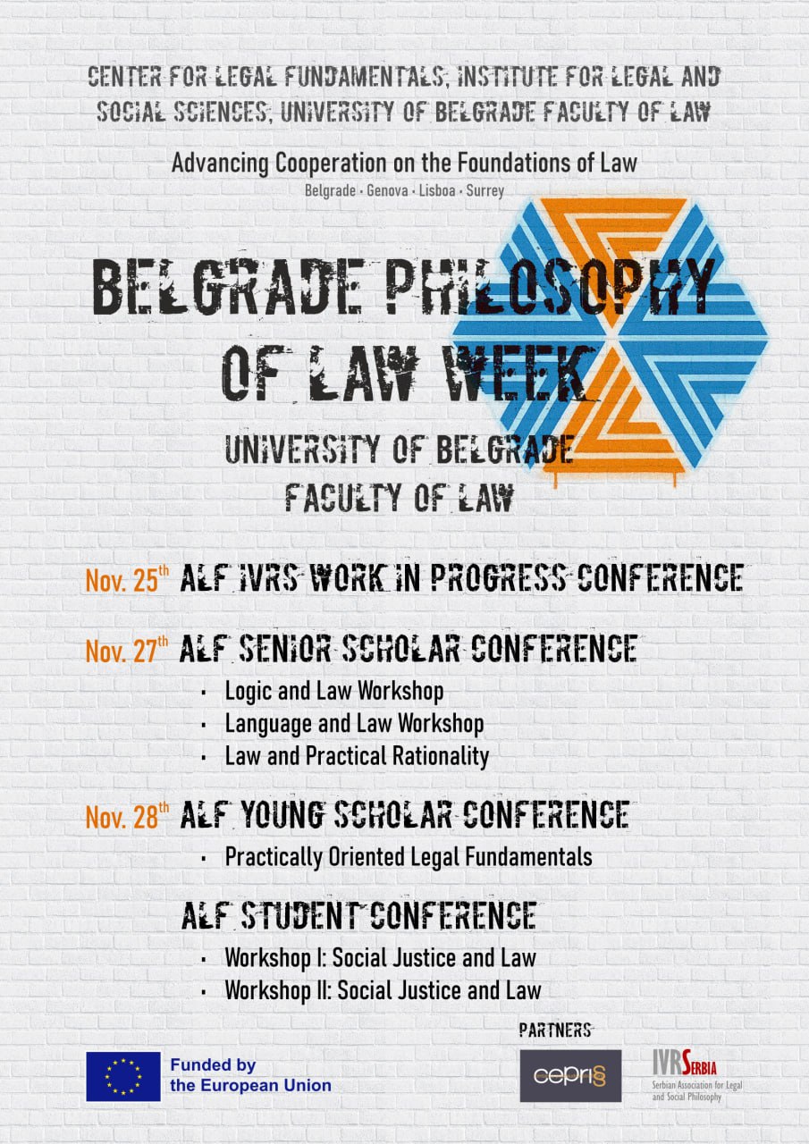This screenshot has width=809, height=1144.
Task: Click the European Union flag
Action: [123, 1076]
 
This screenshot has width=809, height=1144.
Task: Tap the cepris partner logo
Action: [570, 1075]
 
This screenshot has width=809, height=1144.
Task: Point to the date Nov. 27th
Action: [127, 649]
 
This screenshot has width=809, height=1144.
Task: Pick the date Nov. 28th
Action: [127, 815]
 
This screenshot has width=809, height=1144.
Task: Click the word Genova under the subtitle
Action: [387, 191]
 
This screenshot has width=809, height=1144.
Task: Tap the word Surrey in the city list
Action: [485, 191]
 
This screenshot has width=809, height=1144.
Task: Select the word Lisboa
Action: [436, 191]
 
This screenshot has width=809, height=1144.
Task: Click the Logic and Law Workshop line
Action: [334, 692]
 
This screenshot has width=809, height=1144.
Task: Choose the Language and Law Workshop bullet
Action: [355, 724]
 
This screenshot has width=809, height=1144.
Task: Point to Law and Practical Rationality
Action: [357, 757]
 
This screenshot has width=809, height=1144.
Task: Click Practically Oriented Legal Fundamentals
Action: [409, 857]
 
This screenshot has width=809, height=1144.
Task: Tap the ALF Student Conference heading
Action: [358, 916]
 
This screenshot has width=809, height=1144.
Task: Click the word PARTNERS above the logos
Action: [555, 1030]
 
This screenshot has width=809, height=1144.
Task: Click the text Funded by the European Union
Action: [251, 1075]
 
